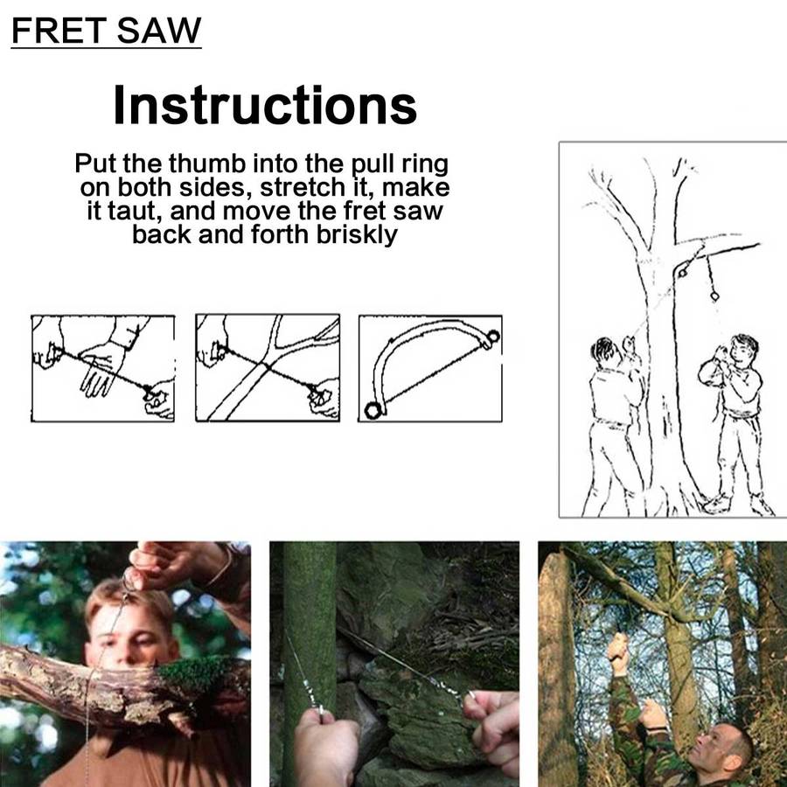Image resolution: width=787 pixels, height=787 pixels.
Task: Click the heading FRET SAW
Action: click(106, 31)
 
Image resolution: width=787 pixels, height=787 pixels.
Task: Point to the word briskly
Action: click(357, 235)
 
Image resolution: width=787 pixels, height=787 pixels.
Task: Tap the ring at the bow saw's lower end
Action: click(373, 411)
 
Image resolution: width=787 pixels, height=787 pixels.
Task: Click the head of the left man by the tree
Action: click(603, 349)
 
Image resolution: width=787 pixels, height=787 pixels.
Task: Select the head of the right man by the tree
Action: click(743, 349)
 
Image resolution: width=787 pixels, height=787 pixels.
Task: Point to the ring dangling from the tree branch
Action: click(714, 296)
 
